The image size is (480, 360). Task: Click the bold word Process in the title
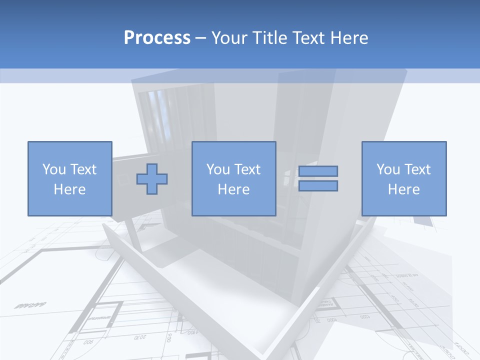(157, 38)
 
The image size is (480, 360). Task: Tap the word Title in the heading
(270, 38)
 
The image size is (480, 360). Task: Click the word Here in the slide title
(350, 38)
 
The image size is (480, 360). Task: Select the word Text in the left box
(83, 169)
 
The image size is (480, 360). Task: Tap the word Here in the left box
(69, 189)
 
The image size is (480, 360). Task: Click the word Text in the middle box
(247, 169)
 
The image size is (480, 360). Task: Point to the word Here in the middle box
(233, 189)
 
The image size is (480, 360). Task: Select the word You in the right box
(388, 169)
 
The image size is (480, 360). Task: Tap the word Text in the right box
(417, 169)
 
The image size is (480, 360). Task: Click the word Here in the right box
(403, 189)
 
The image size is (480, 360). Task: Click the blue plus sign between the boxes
(152, 179)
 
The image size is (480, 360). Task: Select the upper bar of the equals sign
(318, 171)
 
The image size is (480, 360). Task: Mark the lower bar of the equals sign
(318, 186)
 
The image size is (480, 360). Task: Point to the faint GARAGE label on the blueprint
(30, 304)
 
